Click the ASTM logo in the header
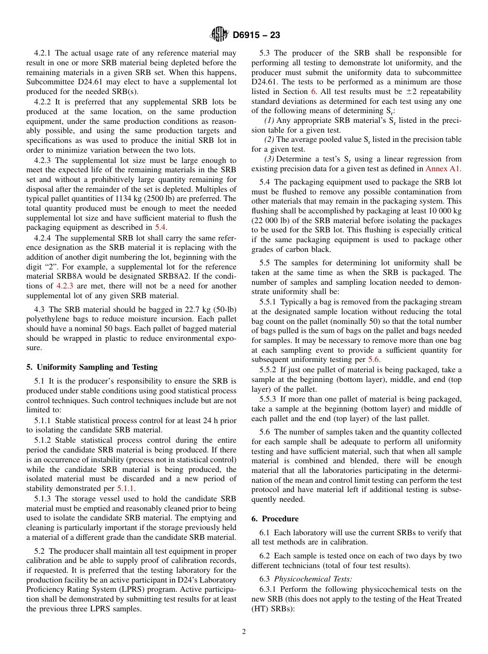(x=219, y=35)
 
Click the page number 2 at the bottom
(x=244, y=632)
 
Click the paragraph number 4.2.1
(x=43, y=53)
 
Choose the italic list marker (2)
(x=269, y=139)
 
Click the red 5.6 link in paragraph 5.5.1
(x=374, y=360)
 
